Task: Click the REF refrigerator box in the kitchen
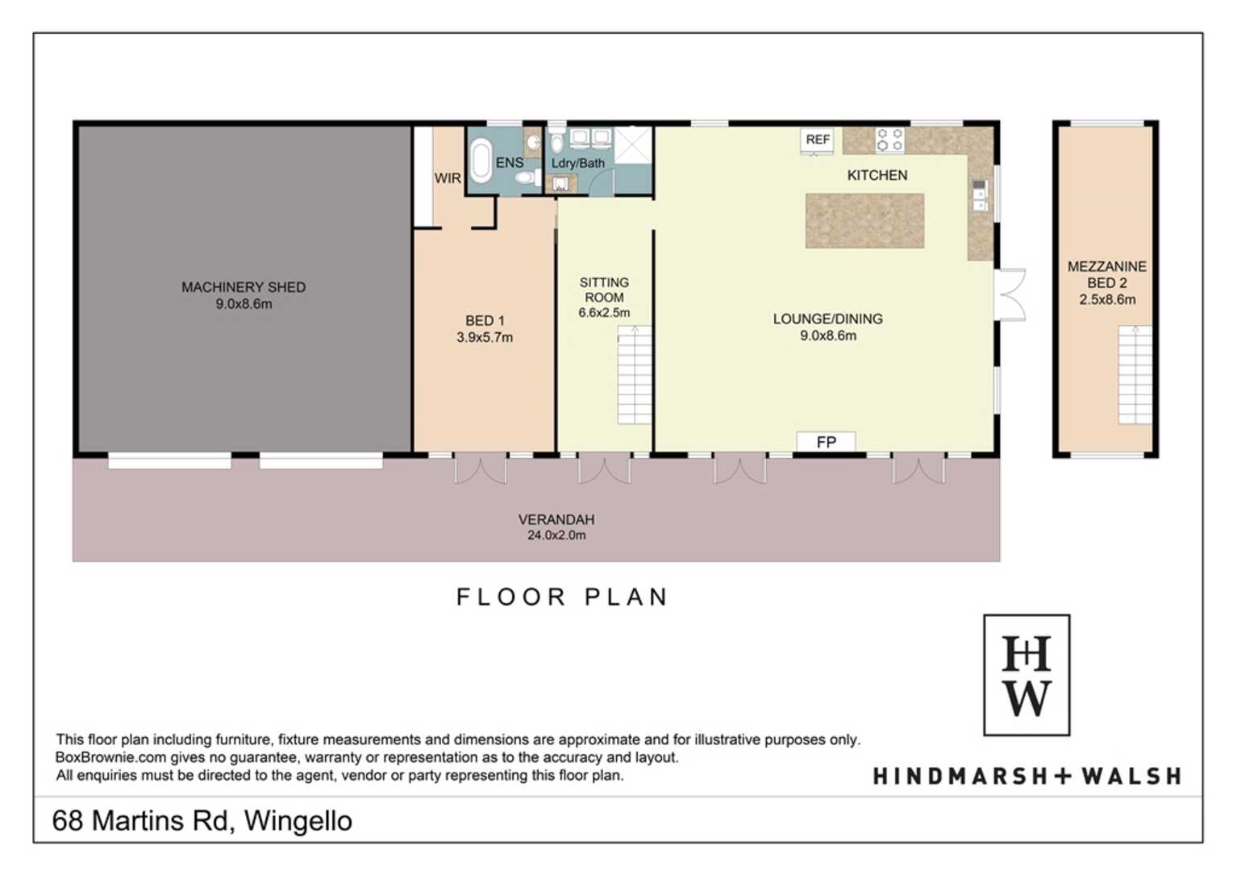tap(818, 140)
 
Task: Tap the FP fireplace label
tap(826, 442)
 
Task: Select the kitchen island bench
tap(864, 220)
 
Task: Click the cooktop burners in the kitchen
tap(890, 140)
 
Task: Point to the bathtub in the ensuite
tap(481, 160)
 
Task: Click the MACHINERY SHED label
tap(244, 295)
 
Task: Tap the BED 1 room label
tap(485, 329)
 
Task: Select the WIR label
tap(448, 178)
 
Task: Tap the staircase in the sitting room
tap(635, 375)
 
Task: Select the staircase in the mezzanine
tap(1135, 375)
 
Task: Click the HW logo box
tap(1027, 675)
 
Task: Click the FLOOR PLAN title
tap(562, 597)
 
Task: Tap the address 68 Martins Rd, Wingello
tap(202, 821)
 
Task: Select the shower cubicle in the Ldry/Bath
tap(633, 145)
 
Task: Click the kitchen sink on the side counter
tap(979, 195)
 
